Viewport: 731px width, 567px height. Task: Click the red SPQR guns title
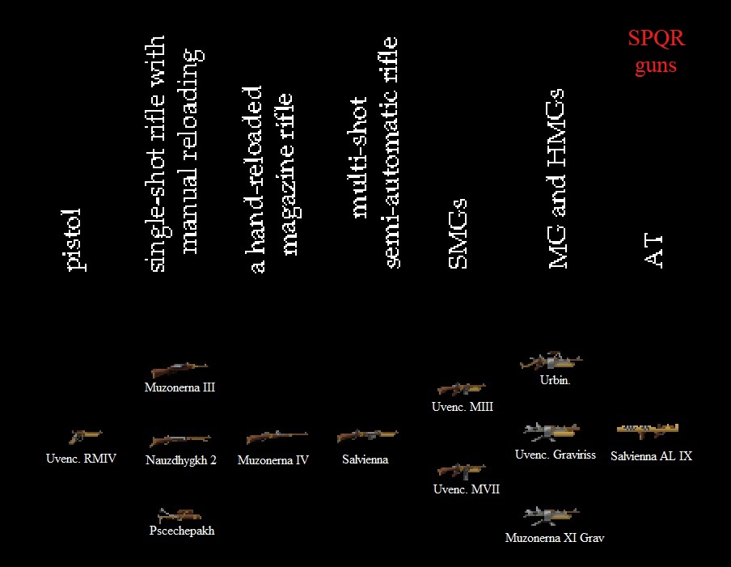655,52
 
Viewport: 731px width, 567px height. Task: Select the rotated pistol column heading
74,239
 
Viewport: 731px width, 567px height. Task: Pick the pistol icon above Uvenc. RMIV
85,437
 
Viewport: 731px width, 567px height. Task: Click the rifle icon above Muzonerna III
179,370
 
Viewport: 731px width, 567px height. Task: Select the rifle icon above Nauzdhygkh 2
180,441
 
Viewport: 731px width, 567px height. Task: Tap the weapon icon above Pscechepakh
180,514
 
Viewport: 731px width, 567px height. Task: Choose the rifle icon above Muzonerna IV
277,438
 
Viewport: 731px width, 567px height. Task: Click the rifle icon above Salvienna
366,436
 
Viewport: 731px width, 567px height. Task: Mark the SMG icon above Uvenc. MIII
461,389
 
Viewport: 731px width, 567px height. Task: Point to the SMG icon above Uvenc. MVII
461,470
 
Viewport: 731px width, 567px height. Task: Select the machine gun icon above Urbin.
551,361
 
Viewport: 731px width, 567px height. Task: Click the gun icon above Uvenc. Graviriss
551,431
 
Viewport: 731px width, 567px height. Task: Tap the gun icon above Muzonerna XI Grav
551,514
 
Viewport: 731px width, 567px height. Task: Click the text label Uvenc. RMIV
81,459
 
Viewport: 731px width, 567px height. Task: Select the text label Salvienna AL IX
651,456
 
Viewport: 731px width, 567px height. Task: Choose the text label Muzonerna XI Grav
554,537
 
